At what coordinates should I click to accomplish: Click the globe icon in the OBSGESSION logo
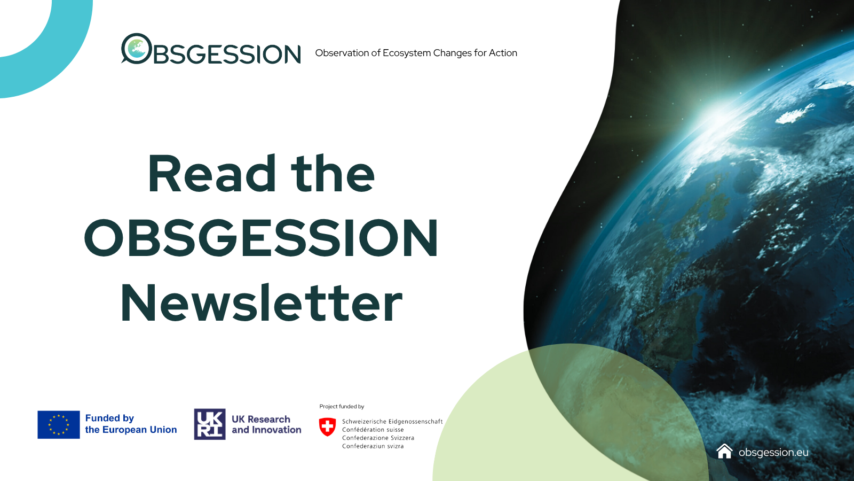[x=137, y=49]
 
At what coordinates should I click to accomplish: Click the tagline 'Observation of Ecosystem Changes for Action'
[x=416, y=53]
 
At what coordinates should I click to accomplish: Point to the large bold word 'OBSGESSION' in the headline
[x=261, y=238]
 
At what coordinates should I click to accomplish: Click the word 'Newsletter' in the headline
[x=262, y=302]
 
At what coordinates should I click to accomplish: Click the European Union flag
[x=59, y=424]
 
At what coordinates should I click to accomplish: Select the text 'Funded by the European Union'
[x=131, y=424]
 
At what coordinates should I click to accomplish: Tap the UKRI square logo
[x=210, y=424]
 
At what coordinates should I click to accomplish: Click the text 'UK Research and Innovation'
[x=266, y=424]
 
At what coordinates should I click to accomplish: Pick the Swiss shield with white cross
[x=328, y=427]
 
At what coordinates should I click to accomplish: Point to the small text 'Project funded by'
[x=342, y=407]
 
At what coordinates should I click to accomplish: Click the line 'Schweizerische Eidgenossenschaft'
[x=392, y=422]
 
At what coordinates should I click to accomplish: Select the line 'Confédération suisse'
[x=373, y=430]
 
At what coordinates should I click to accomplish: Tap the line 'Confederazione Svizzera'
[x=378, y=438]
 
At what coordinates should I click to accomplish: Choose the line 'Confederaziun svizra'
[x=373, y=446]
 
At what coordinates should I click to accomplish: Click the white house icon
[x=724, y=451]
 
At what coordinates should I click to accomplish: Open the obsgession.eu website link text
[x=773, y=452]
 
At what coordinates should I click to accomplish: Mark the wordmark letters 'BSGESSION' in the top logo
[x=227, y=54]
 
